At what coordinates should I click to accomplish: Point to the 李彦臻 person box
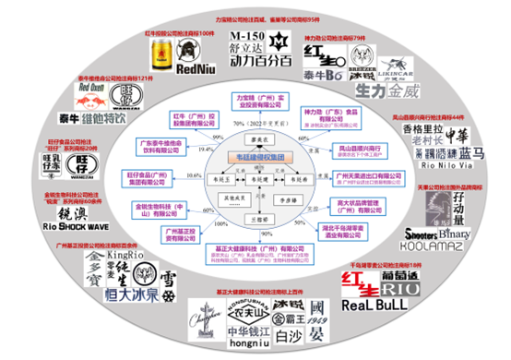click(x=289, y=198)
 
